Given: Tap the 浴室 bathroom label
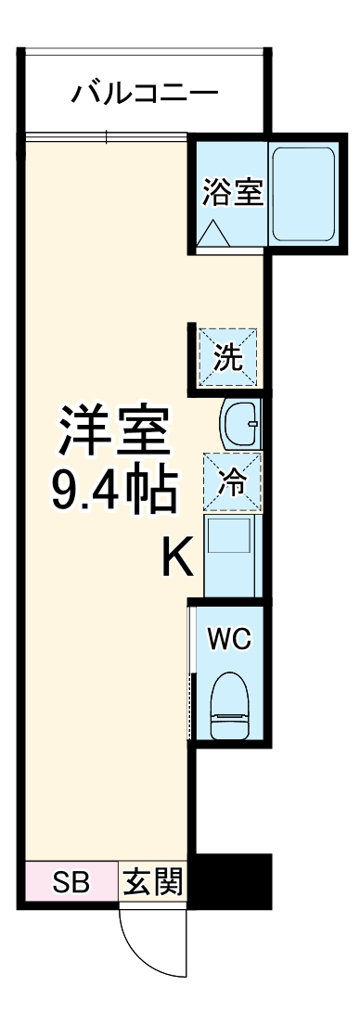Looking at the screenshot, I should pos(233,193).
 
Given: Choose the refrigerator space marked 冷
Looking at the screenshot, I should pos(231,480).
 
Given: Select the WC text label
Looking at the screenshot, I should pos(229,640).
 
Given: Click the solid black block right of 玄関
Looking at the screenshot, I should pos(229,879).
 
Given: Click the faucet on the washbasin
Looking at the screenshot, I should pos(252,424).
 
